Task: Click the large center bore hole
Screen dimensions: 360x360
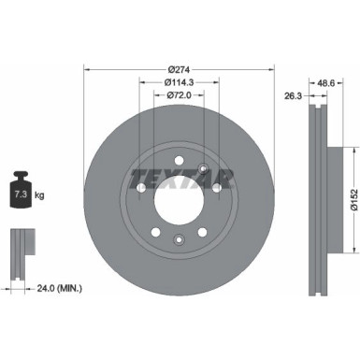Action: coord(180,194)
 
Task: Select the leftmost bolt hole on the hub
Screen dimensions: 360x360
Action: coord(140,190)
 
